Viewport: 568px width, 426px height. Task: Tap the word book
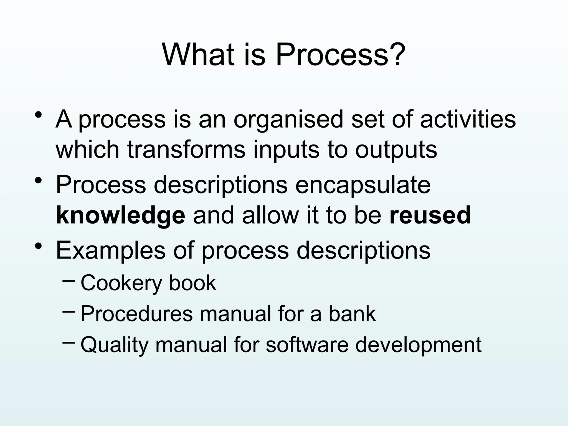point(192,283)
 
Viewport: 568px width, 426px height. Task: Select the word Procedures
point(136,314)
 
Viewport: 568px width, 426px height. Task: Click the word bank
point(352,314)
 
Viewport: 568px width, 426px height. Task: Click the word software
point(307,344)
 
